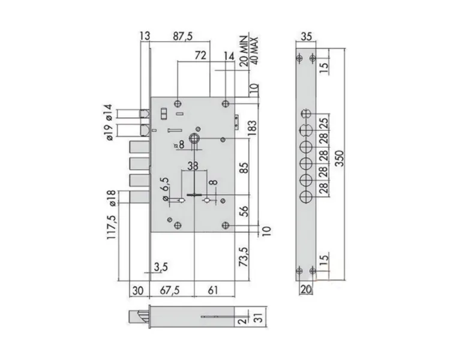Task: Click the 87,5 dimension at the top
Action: [x=182, y=36]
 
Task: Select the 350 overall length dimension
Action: [x=340, y=158]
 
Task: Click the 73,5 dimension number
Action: [x=244, y=257]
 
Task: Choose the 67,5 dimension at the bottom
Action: [x=170, y=290]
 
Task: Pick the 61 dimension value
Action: [x=212, y=290]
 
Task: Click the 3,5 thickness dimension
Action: [x=161, y=267]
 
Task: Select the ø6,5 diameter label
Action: [x=166, y=189]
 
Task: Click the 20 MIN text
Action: [x=244, y=51]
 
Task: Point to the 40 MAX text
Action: [x=254, y=50]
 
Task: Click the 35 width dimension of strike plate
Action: [x=306, y=37]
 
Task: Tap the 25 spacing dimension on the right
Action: [x=323, y=123]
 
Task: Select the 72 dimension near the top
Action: [x=200, y=55]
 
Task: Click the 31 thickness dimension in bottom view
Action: [x=259, y=317]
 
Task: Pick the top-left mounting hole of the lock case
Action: [x=178, y=103]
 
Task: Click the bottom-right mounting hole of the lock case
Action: [x=226, y=226]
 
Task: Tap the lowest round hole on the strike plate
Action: [x=305, y=197]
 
